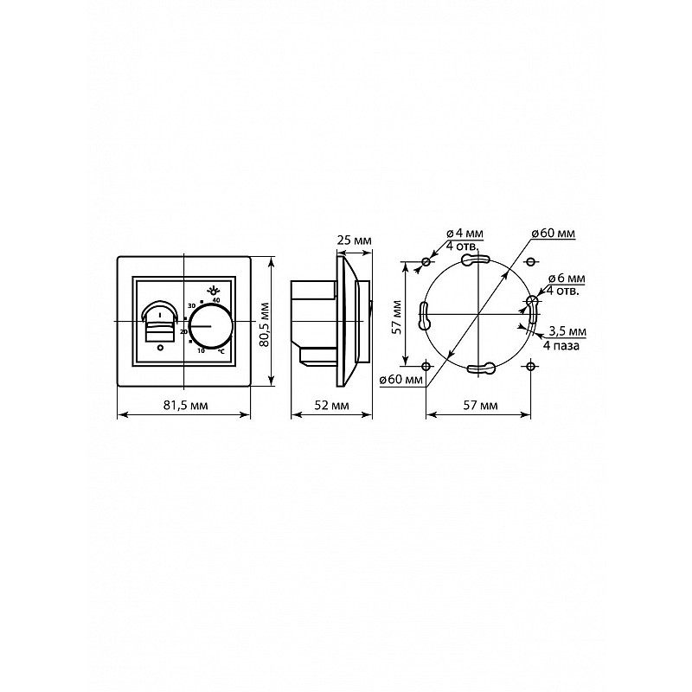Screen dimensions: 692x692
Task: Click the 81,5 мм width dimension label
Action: [185, 405]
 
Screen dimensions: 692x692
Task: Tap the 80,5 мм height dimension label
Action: [265, 324]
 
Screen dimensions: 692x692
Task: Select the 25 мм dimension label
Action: [355, 240]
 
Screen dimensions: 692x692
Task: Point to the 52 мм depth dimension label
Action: [331, 405]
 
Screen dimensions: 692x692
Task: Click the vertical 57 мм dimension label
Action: [397, 317]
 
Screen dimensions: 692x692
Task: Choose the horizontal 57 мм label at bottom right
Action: [481, 405]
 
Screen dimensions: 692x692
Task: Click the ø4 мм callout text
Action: [465, 233]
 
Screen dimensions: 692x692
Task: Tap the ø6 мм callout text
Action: [567, 279]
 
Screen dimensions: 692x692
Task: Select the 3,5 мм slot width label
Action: [567, 331]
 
